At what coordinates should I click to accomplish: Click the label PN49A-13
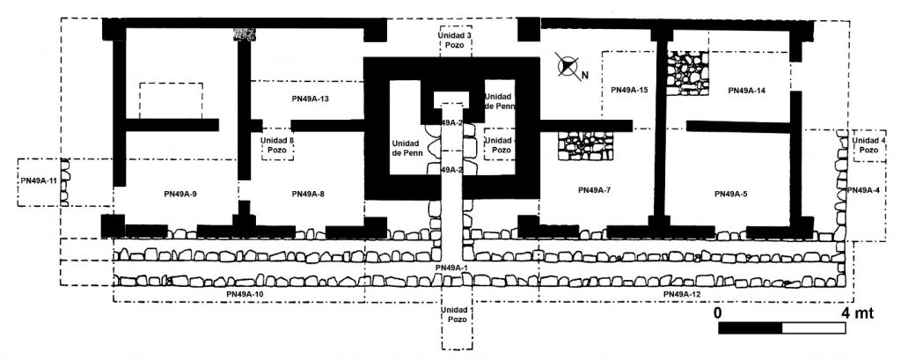click(307, 99)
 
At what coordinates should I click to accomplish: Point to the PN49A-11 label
click(40, 181)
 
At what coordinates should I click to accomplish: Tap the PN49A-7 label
click(595, 190)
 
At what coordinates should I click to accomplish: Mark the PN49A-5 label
click(731, 194)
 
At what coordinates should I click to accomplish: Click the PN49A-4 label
click(862, 190)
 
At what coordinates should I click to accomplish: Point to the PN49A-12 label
click(681, 294)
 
